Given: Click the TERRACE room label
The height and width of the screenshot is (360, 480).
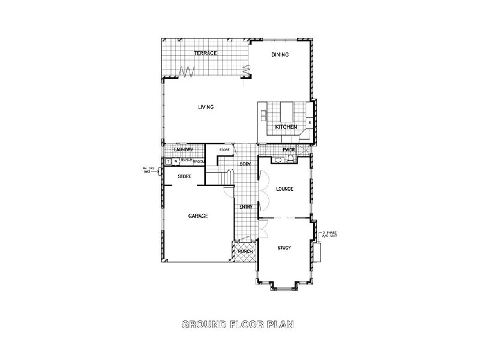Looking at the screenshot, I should (x=205, y=53).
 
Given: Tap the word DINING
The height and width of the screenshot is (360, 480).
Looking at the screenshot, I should (x=280, y=55).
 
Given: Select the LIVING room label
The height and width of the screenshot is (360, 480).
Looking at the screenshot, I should (x=206, y=107).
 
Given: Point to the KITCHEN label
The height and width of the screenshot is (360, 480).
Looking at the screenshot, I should (x=286, y=127).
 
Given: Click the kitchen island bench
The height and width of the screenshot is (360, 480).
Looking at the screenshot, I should (x=286, y=111).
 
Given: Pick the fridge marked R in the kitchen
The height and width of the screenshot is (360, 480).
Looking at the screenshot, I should (x=309, y=123).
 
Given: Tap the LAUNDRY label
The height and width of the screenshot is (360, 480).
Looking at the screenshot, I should (x=183, y=149).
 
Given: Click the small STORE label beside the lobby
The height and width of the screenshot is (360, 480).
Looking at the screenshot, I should (x=224, y=149).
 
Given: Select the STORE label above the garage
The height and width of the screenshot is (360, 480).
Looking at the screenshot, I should (x=185, y=176).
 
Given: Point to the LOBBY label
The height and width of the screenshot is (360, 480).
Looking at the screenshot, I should (x=245, y=164).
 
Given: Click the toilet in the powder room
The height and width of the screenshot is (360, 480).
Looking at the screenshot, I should (x=290, y=158).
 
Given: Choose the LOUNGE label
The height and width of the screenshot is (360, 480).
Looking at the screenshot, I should (x=284, y=189).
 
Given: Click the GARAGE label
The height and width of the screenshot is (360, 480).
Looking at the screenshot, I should (x=197, y=216).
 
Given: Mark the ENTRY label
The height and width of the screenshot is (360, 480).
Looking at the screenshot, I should (x=246, y=207).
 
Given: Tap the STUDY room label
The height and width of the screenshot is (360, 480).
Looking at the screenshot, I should (x=284, y=247).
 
